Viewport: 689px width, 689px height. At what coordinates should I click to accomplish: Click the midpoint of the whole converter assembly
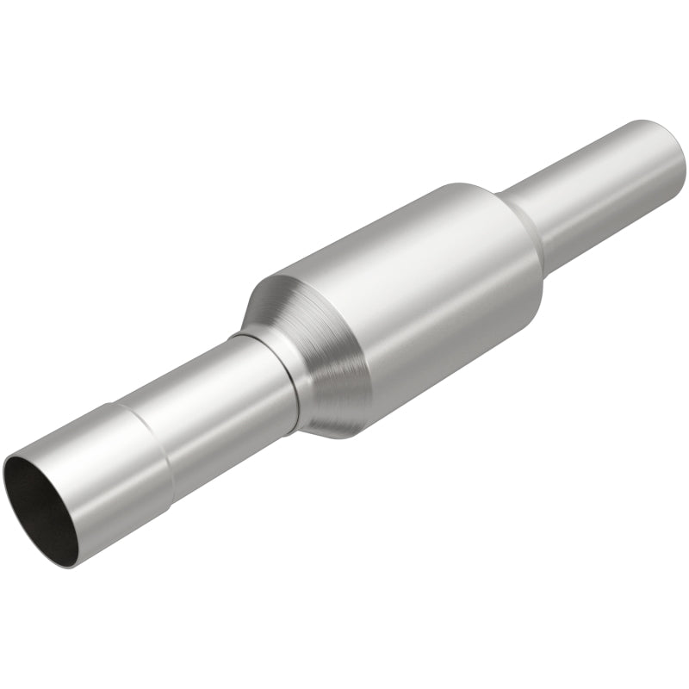[344, 344]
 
